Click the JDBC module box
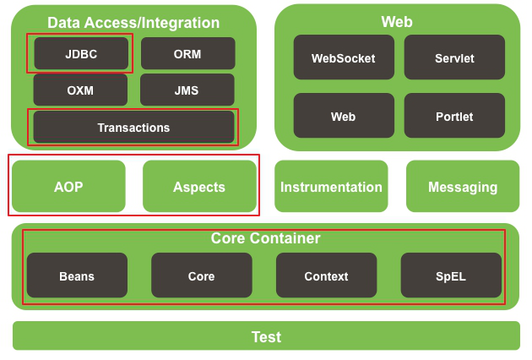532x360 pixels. pyautogui.click(x=81, y=53)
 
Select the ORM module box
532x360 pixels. pyautogui.click(x=188, y=53)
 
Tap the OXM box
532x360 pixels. pyautogui.click(x=80, y=90)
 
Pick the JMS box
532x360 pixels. pyautogui.click(x=187, y=90)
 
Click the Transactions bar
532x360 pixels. pyautogui.click(x=133, y=127)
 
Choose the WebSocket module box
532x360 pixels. pyautogui.click(x=344, y=57)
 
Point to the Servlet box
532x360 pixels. pyautogui.click(x=454, y=57)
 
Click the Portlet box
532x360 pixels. pyautogui.click(x=454, y=116)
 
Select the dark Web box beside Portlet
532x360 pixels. pyautogui.click(x=344, y=116)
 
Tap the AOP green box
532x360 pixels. pyautogui.click(x=68, y=186)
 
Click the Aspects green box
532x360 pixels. pyautogui.click(x=199, y=186)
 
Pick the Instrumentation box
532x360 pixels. pyautogui.click(x=331, y=186)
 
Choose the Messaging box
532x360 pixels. pyautogui.click(x=463, y=186)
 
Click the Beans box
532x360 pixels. pyautogui.click(x=77, y=275)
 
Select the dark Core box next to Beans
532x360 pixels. pyautogui.click(x=202, y=275)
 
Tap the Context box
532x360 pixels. pyautogui.click(x=327, y=275)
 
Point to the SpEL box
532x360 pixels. pyautogui.click(x=451, y=275)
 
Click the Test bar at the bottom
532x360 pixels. pyautogui.click(x=266, y=335)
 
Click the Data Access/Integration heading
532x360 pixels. pyautogui.click(x=133, y=23)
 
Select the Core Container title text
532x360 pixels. pyautogui.click(x=266, y=238)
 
